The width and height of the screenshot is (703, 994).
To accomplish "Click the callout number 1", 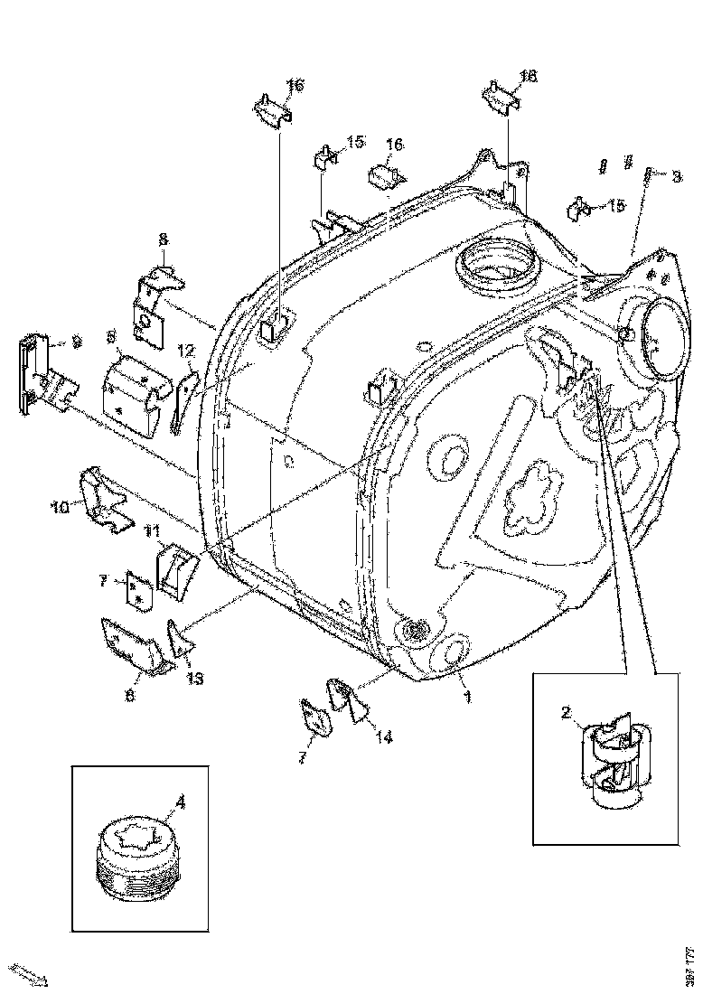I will coord(467,698).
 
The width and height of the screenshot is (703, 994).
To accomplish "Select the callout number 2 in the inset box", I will coord(566,713).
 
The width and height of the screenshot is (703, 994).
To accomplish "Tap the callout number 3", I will coord(675,178).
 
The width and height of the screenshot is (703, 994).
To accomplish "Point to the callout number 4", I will coord(180,801).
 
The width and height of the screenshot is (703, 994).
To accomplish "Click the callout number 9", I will coord(77,342).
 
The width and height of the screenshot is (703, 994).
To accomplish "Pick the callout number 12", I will coord(185,350).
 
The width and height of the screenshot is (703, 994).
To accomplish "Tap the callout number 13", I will coord(195,678).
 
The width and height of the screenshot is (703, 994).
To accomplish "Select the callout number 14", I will coord(384,736).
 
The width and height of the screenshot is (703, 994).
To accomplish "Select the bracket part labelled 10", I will coord(106,500).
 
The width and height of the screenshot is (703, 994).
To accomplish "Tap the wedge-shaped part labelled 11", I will coord(177,570).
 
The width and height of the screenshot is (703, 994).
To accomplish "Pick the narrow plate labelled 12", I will coord(183,398).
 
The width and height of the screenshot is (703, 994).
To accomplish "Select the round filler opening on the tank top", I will coord(497,267).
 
